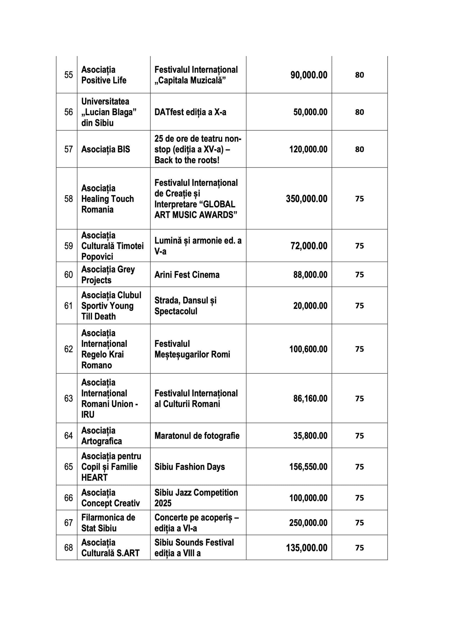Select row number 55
pos(69,75)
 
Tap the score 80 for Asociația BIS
pos(359,149)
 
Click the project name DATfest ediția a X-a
pos(190,112)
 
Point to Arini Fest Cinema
pos(187,275)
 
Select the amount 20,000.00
pos(310,306)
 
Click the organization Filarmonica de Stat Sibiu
pos(108,523)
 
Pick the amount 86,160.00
pos(310,398)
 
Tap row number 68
pos(69,548)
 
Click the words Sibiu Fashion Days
pos(190,467)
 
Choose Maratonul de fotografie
pos(197,436)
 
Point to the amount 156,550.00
pos(308,467)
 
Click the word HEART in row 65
pos(94,477)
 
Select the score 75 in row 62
pos(359,349)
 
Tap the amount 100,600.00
pos(308,349)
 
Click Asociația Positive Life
pos(103,75)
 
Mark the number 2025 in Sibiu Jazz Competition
pos(163,503)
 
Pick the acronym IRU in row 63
pos(88,415)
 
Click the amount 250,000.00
pos(308,523)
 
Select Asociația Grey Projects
pos(108,275)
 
